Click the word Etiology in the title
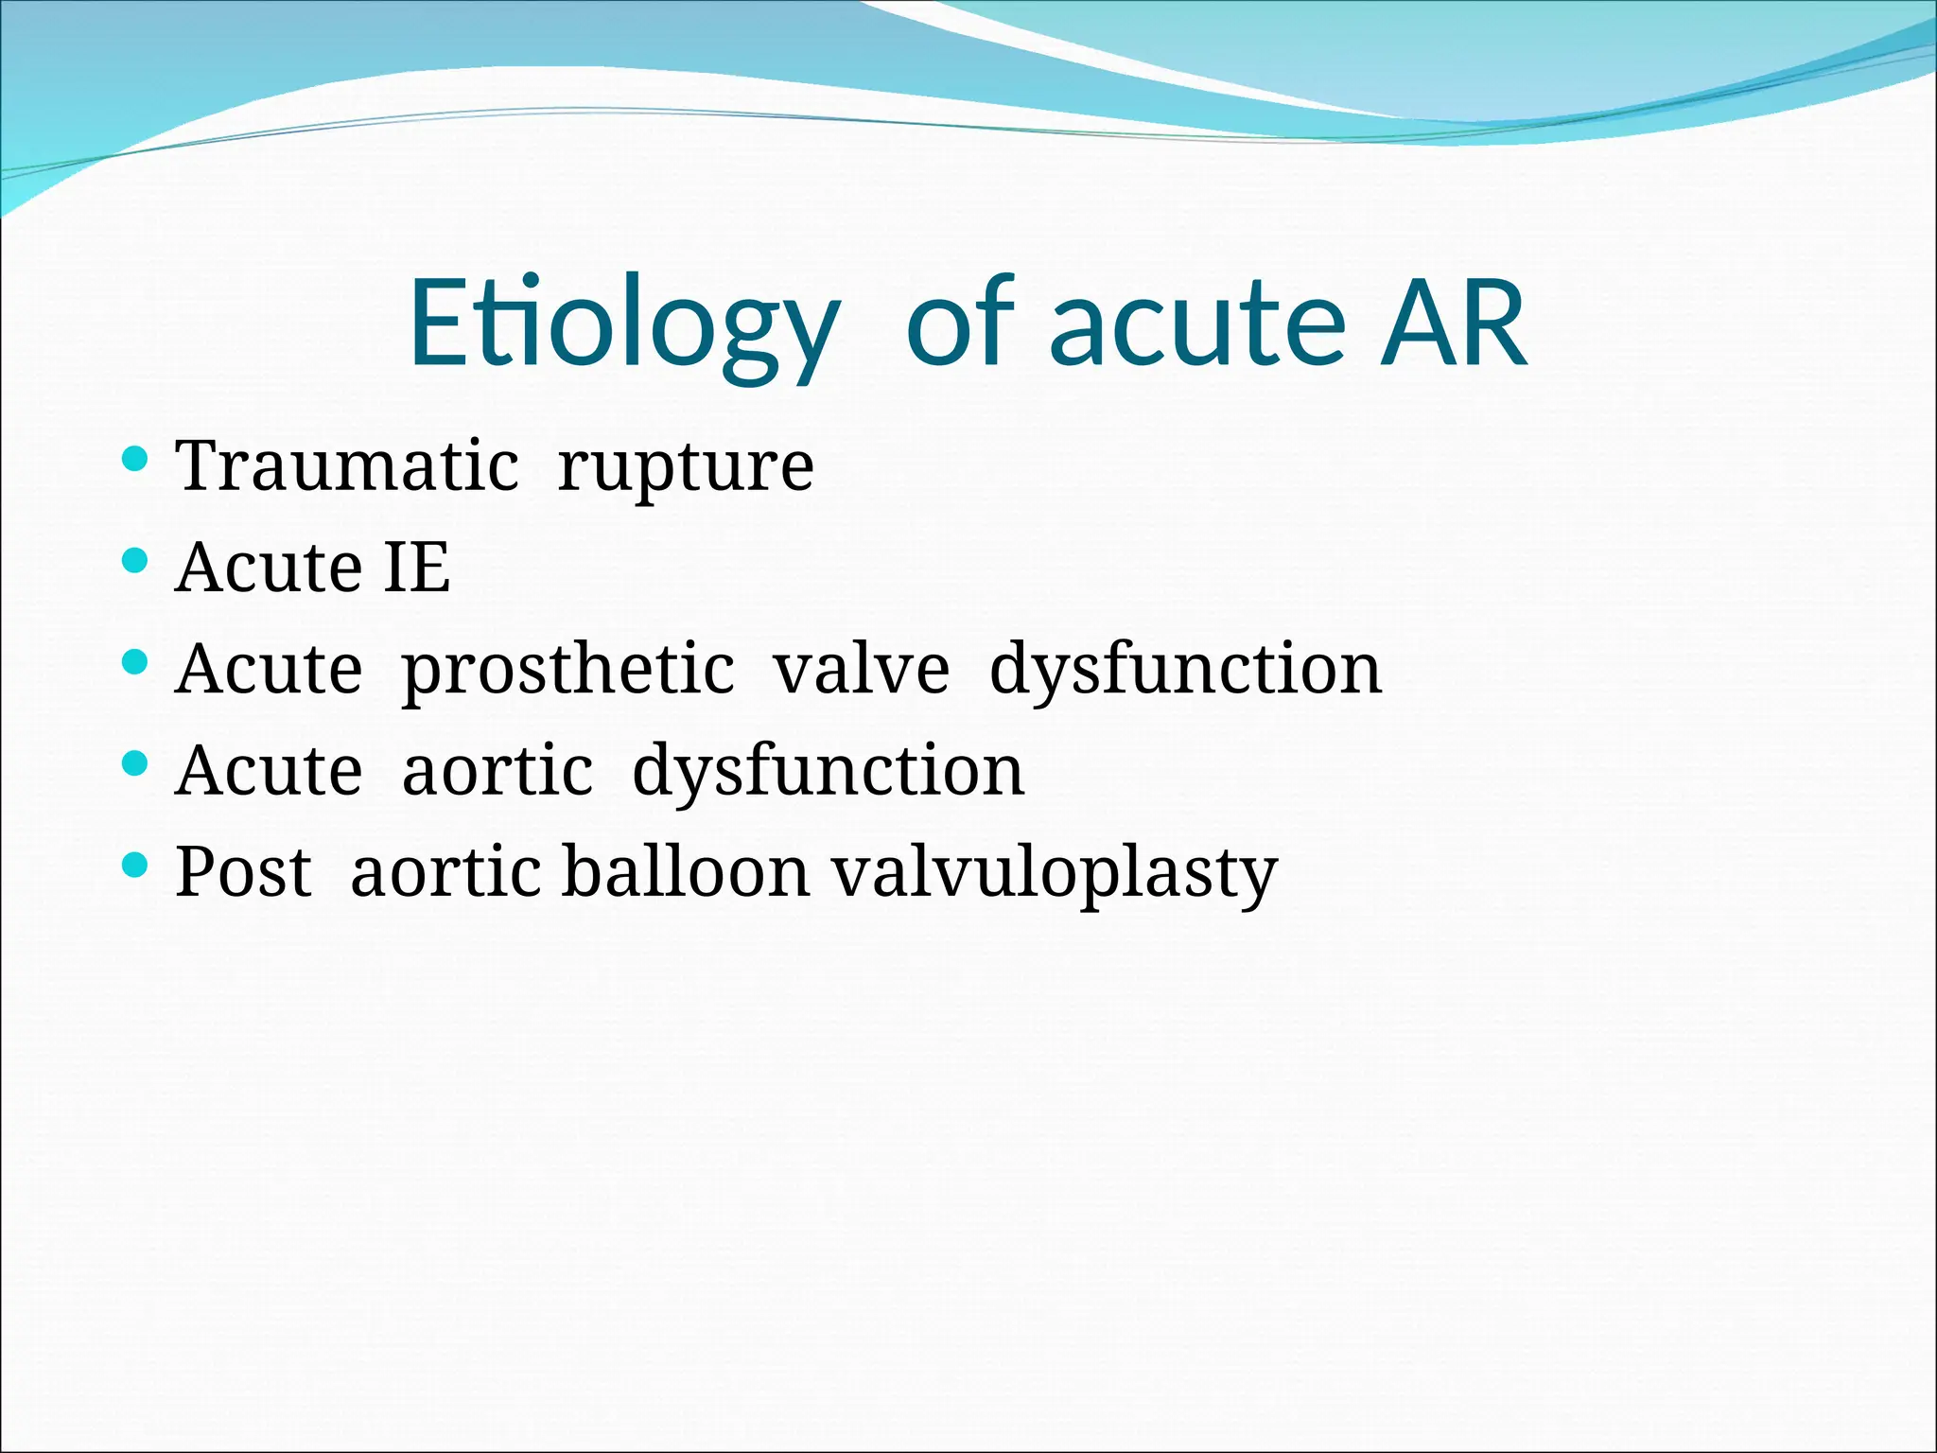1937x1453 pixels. (x=624, y=324)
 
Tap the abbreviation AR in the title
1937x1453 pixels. (x=1453, y=324)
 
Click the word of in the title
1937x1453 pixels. (x=960, y=324)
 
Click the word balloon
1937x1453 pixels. (x=686, y=871)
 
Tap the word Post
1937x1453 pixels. (x=243, y=871)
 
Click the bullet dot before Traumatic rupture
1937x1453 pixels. (x=136, y=460)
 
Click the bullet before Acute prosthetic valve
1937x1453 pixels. (x=136, y=662)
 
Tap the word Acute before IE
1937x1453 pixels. (x=270, y=568)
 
